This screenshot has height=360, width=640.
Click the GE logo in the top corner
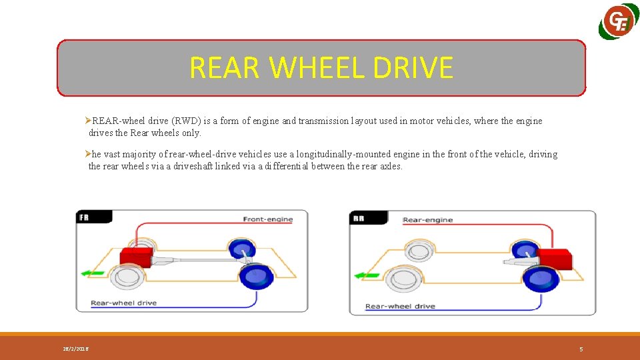(619, 23)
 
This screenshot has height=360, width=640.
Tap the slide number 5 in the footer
(581, 349)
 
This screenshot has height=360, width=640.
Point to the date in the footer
(75, 349)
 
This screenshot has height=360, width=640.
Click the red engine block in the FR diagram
(136, 256)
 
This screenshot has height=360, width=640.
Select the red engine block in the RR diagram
(554, 259)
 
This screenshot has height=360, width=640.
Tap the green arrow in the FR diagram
(93, 273)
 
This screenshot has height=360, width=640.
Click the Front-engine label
(267, 219)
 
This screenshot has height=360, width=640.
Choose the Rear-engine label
(429, 220)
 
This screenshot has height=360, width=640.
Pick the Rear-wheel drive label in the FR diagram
(124, 303)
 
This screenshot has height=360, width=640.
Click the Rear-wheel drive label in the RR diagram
(400, 307)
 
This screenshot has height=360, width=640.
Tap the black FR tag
(85, 217)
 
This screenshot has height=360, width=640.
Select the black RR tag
(358, 218)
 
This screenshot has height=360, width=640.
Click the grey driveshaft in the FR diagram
(193, 259)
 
